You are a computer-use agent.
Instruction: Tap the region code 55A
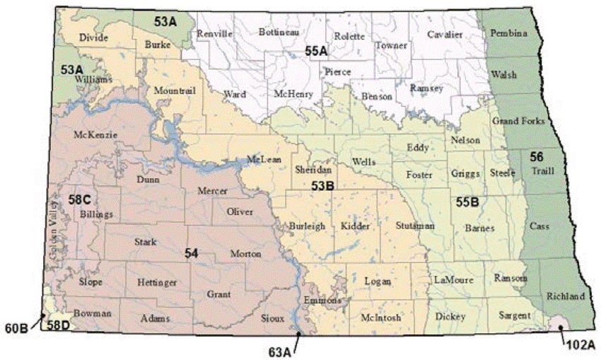(316, 51)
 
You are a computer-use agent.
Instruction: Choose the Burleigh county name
(307, 226)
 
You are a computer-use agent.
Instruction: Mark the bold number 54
(191, 253)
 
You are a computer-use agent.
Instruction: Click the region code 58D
(58, 326)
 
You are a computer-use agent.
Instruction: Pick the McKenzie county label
(95, 134)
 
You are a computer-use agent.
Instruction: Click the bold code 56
(537, 156)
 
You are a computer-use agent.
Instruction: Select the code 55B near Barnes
(467, 202)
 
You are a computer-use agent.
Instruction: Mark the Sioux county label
(272, 318)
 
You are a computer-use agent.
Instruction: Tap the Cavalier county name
(445, 34)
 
